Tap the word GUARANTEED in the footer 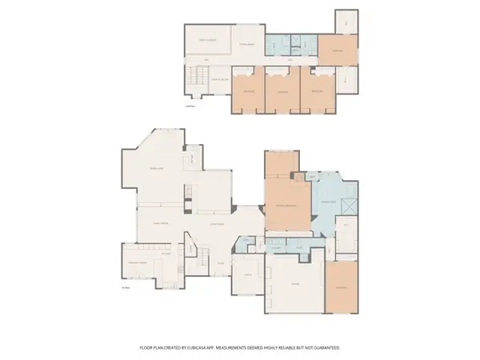coord(326,348)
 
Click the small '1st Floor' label coord(124,285)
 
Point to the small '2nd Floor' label coord(190,106)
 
